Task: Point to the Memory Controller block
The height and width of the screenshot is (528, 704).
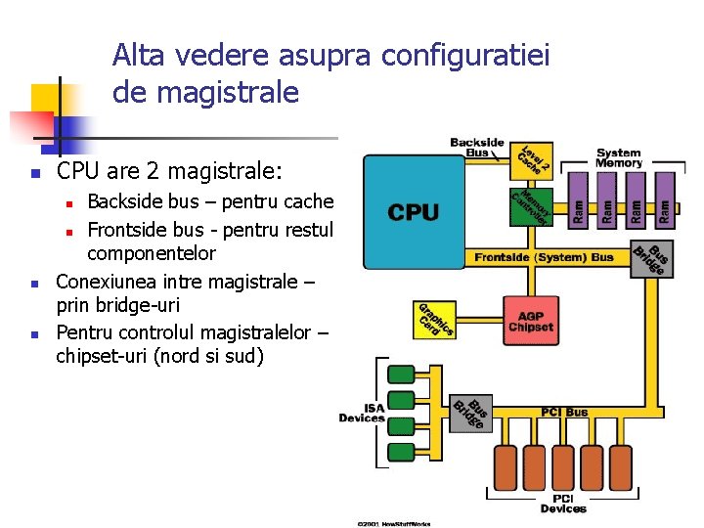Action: point(531,206)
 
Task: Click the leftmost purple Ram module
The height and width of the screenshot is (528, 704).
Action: point(579,201)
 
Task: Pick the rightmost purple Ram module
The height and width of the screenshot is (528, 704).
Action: point(665,201)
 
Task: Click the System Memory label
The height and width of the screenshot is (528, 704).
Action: point(619,157)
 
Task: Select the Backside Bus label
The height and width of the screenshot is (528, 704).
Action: point(476,148)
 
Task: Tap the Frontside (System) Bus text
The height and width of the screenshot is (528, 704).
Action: point(544,257)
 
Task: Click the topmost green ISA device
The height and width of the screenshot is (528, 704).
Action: point(401,374)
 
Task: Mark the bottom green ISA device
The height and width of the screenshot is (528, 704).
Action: point(401,452)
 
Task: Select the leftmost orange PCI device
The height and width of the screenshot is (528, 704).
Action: point(506,468)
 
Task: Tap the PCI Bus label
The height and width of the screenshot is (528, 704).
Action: point(564,412)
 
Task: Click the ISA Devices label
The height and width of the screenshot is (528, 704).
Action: point(362,413)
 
